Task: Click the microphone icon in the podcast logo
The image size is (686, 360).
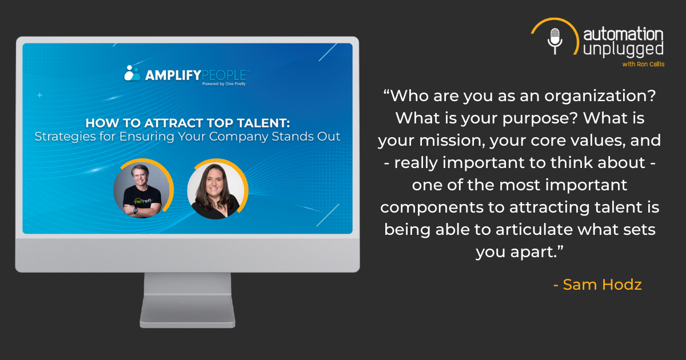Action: click(x=555, y=41)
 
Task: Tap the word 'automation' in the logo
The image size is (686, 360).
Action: click(x=623, y=34)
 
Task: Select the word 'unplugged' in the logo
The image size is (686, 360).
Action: click(x=623, y=50)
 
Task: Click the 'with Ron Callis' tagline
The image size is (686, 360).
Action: click(x=643, y=64)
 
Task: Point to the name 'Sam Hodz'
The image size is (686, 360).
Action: click(x=602, y=285)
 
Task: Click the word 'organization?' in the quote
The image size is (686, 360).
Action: click(x=600, y=96)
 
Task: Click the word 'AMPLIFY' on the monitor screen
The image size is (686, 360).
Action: click(x=173, y=75)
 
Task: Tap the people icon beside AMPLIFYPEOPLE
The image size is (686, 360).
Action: click(x=132, y=73)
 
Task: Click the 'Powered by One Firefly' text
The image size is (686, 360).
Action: click(x=224, y=84)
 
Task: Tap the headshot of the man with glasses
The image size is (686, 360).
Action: click(x=142, y=190)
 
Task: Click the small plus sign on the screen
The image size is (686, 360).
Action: click(x=39, y=95)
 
